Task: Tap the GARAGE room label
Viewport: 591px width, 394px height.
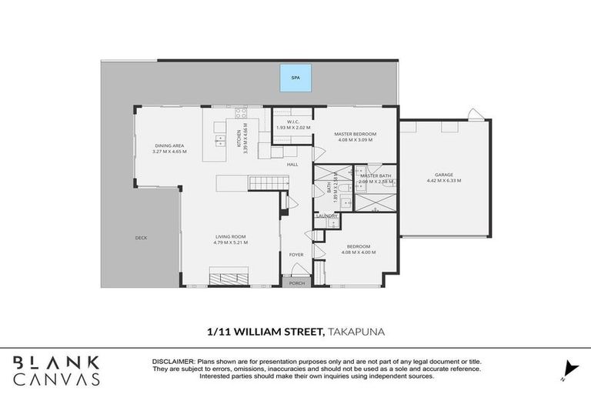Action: pos(437,175)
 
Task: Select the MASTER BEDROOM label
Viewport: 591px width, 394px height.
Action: pos(354,134)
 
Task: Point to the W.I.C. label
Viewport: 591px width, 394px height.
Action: pos(292,121)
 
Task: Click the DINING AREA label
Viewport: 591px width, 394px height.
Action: pos(169,145)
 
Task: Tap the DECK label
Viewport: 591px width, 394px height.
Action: pos(141,238)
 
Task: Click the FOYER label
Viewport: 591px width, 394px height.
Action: pos(296,253)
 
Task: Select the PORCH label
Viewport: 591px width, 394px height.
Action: pos(296,282)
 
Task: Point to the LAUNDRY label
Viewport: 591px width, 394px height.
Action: pos(326,216)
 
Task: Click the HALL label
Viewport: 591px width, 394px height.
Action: pos(292,164)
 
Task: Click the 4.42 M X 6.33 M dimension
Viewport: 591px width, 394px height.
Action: pos(437,182)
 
